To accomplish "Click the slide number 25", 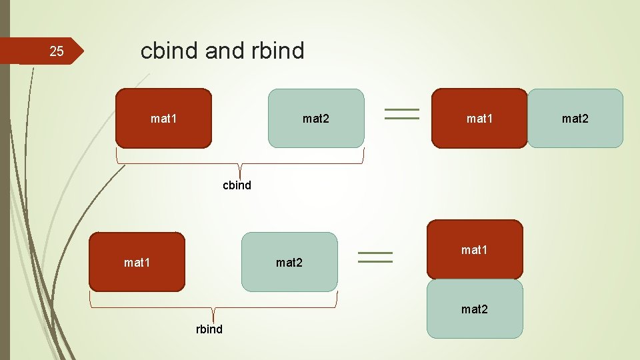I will click(x=57, y=51).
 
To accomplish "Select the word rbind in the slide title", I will click(x=278, y=50).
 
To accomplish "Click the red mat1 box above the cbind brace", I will click(x=163, y=118).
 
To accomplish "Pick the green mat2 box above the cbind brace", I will click(x=316, y=118).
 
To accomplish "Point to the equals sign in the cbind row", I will click(x=402, y=114).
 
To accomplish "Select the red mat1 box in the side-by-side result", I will click(x=479, y=118).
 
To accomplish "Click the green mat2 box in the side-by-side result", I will click(x=575, y=118).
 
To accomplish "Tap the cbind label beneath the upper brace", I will click(x=237, y=185).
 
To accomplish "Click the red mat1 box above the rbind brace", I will click(x=137, y=262).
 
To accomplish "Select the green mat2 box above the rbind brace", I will click(x=289, y=262).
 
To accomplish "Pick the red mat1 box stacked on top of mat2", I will click(x=475, y=249).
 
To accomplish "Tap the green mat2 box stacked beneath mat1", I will click(x=475, y=309).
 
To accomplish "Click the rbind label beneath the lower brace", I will click(x=209, y=329).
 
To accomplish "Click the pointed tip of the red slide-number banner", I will click(x=82, y=51).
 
